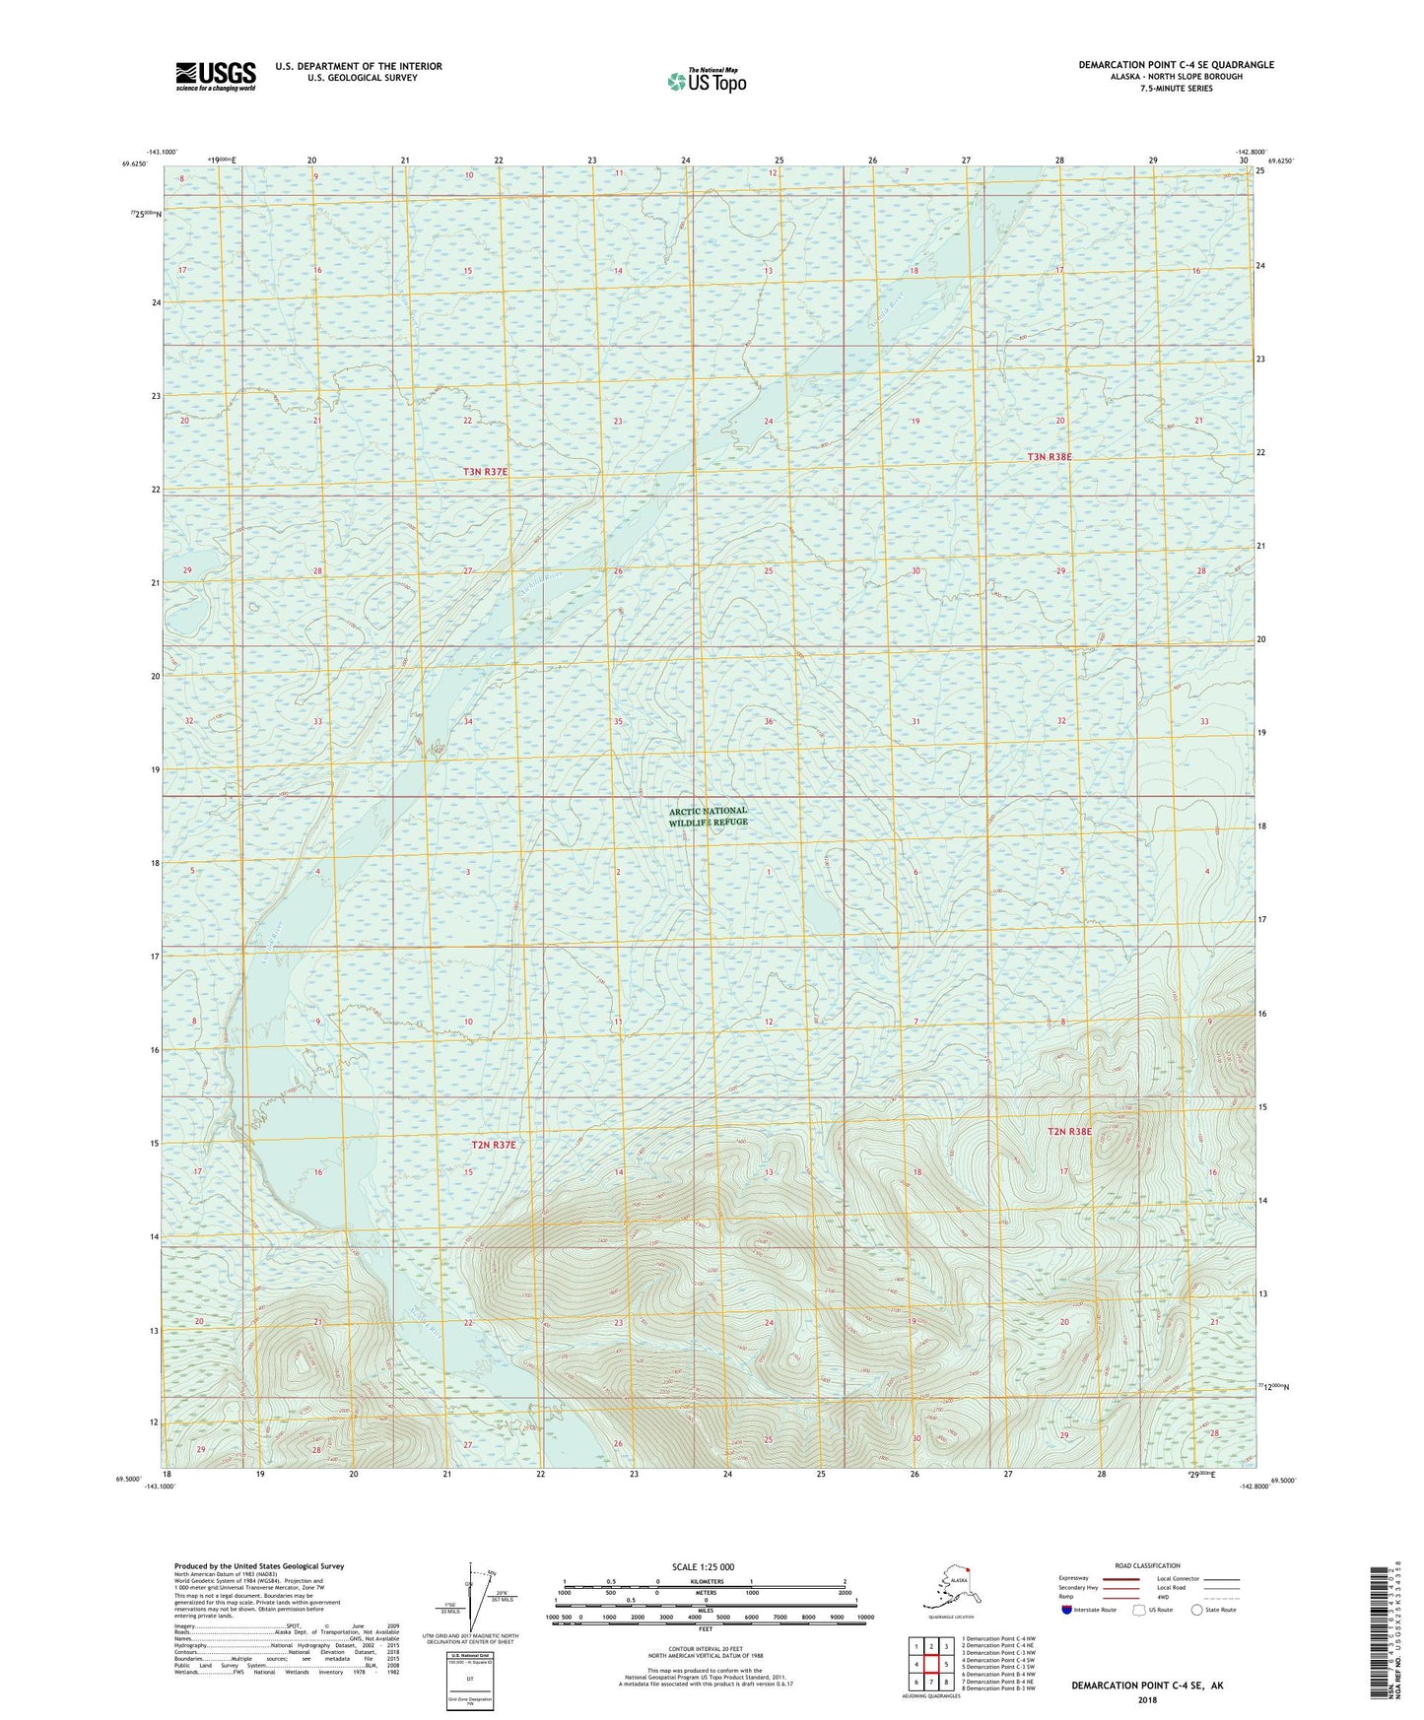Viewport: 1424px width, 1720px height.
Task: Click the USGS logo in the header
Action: (216, 76)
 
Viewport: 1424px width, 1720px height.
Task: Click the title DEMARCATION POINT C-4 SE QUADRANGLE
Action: (1176, 65)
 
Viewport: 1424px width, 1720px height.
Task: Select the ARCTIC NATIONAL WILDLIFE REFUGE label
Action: (708, 816)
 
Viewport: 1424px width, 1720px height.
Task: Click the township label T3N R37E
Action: (485, 472)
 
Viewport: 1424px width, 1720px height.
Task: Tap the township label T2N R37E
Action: (493, 1145)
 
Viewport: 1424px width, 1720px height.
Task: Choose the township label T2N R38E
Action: (1068, 1132)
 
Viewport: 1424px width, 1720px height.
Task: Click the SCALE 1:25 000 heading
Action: (703, 1566)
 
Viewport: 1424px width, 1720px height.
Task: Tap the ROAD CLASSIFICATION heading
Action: (1148, 1565)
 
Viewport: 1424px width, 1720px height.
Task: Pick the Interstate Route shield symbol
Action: (1067, 1610)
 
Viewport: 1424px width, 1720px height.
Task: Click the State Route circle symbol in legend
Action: (1197, 1610)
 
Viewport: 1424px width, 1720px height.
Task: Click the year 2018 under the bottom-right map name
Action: (1147, 1699)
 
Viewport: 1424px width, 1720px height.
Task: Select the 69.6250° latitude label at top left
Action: (134, 165)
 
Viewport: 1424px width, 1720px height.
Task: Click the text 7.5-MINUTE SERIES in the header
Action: (1176, 89)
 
